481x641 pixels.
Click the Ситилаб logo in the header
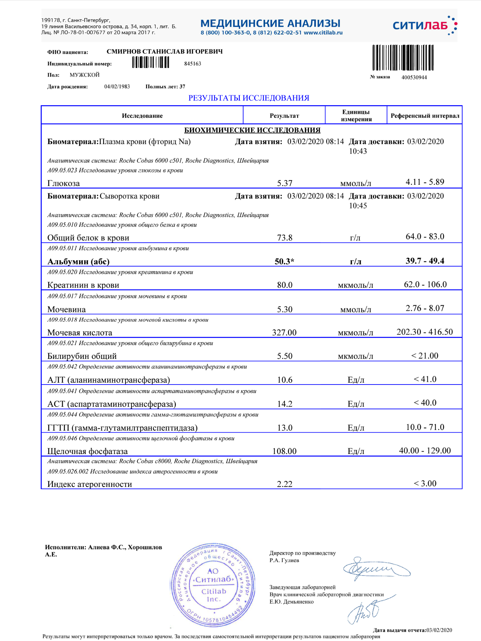[425, 26]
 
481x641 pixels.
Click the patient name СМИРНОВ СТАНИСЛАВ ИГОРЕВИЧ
[165, 51]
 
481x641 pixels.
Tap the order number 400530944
[414, 77]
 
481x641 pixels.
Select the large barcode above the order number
[403, 57]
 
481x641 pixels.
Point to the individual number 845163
[193, 64]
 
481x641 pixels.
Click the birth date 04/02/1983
[117, 87]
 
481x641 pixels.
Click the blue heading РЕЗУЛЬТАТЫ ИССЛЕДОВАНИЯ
[248, 98]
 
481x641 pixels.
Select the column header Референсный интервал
[425, 116]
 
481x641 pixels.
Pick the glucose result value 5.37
[284, 183]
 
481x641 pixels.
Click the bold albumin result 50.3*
[284, 261]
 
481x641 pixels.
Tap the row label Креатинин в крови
[83, 285]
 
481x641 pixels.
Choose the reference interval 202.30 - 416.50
[425, 332]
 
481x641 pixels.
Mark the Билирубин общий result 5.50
[284, 356]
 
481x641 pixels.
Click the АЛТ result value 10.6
[284, 380]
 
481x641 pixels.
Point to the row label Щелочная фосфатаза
[88, 451]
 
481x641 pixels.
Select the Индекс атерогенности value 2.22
[284, 484]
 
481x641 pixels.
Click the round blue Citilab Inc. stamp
[213, 585]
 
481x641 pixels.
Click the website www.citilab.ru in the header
[323, 33]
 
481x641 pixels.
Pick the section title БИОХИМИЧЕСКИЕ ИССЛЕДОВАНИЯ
[252, 130]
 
